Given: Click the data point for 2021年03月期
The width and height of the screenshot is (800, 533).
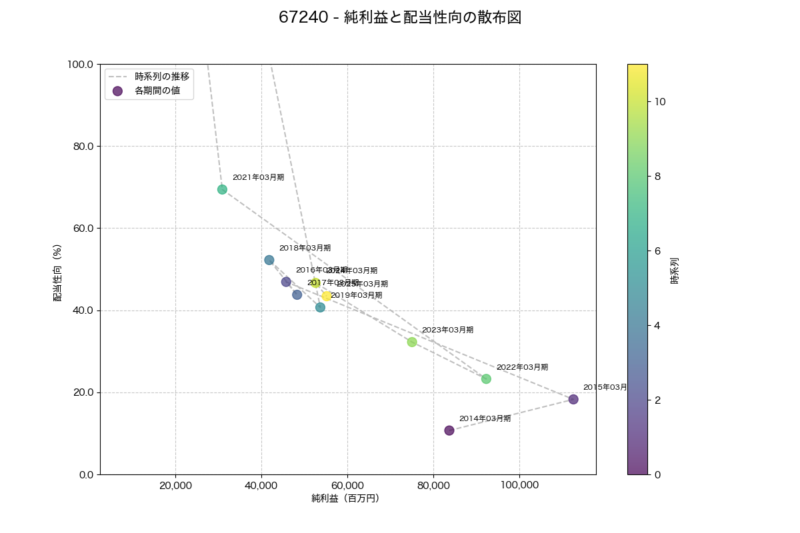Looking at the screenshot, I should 222,189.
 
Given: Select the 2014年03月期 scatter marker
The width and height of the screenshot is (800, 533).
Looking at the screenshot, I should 449,430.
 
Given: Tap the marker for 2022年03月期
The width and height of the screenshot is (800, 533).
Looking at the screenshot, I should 486,379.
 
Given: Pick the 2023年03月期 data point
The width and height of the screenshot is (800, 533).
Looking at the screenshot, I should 412,342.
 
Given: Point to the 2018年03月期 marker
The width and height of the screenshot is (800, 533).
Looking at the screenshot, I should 269,260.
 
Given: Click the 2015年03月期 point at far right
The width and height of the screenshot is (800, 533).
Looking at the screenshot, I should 573,399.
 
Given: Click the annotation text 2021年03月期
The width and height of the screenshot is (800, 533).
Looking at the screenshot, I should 258,177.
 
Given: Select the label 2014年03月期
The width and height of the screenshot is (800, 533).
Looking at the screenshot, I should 485,418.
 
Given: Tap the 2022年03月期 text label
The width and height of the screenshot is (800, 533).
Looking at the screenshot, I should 522,367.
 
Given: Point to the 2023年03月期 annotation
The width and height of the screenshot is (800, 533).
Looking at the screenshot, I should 447,330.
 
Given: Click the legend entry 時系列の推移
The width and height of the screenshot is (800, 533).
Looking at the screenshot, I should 162,76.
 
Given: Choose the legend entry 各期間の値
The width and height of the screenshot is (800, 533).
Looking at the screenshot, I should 157,91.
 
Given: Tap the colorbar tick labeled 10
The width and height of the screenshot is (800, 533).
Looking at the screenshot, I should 661,101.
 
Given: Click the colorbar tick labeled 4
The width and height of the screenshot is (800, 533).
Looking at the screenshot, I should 657,325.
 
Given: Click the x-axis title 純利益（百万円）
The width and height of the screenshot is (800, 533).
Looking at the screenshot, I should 345,498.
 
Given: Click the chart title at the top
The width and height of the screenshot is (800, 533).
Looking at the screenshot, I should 400,18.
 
